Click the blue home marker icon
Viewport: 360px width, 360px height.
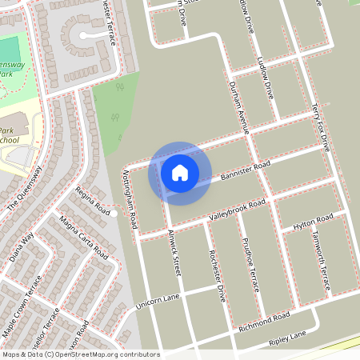pos(180,172)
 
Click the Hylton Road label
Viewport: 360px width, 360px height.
pos(313,220)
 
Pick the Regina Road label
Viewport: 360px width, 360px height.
pos(92,200)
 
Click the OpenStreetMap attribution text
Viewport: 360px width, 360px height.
pos(81,354)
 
